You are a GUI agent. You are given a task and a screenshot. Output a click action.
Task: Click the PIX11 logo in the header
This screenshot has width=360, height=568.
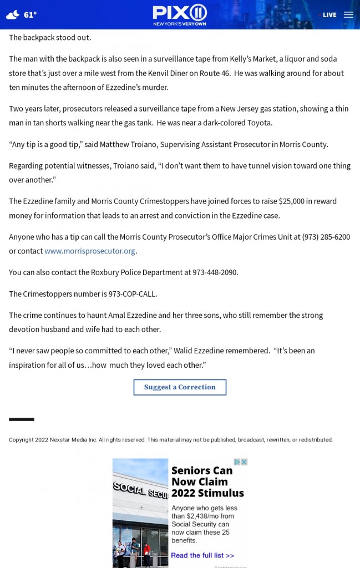(180, 14)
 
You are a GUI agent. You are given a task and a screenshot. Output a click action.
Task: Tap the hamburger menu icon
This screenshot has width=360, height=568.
(348, 15)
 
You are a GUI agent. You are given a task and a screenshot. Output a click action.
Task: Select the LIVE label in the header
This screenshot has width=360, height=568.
(329, 15)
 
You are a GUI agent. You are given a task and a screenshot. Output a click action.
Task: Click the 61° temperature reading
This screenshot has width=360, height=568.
(31, 15)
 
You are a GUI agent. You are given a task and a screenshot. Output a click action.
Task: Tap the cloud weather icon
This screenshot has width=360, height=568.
(13, 15)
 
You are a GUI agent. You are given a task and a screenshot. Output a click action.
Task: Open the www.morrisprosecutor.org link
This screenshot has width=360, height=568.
(90, 251)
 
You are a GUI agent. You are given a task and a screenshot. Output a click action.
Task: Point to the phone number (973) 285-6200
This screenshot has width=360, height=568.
(326, 237)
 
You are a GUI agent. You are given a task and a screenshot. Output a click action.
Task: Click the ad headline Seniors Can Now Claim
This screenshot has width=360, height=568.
(202, 476)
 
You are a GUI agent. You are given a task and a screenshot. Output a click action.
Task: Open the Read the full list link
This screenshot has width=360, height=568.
(202, 555)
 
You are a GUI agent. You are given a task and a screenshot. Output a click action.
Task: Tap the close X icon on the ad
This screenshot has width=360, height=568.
(244, 462)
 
